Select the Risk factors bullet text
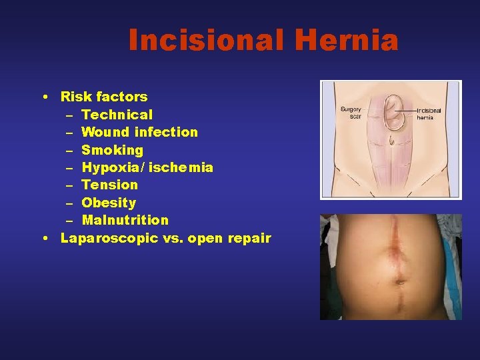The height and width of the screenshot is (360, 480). click(x=104, y=97)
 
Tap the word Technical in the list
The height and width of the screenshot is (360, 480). click(x=117, y=115)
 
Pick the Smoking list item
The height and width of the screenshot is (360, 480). click(x=112, y=150)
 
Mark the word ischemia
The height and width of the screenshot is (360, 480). click(x=181, y=167)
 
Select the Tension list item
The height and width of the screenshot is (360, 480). click(x=109, y=185)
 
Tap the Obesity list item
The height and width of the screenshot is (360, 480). click(x=109, y=203)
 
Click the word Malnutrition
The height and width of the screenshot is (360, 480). click(x=125, y=220)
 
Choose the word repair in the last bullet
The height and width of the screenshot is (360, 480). click(x=249, y=238)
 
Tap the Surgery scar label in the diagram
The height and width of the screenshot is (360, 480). click(x=350, y=113)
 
